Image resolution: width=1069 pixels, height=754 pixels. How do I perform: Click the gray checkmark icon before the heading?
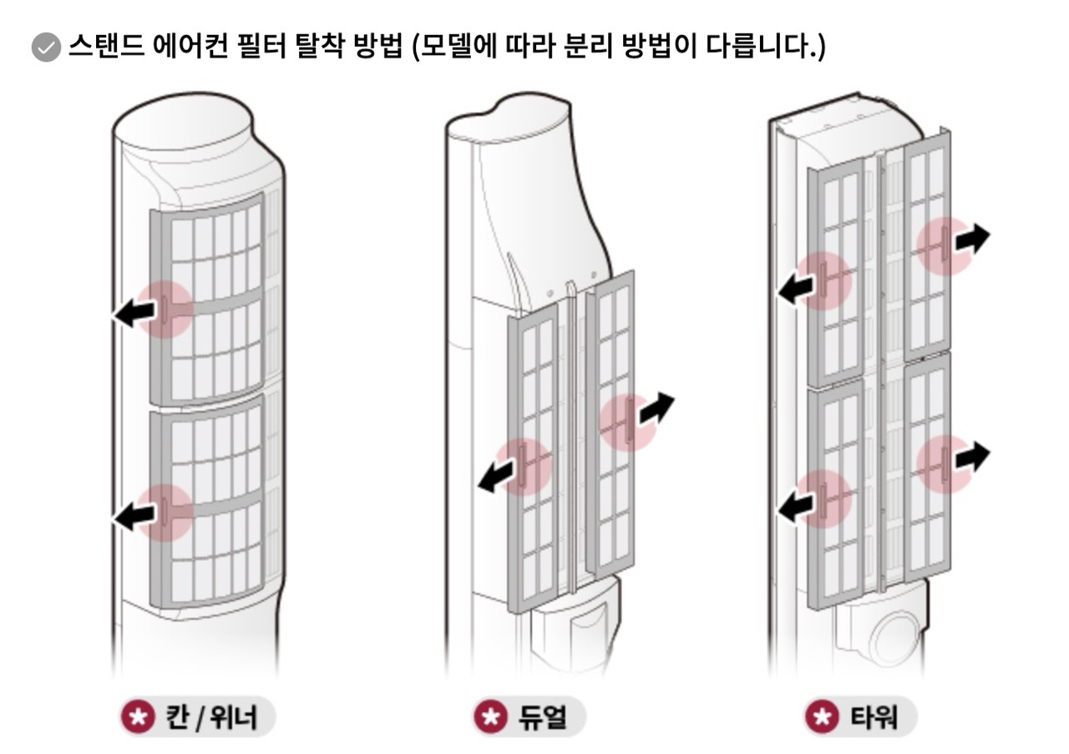(46, 48)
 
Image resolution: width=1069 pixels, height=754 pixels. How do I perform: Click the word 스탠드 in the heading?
(107, 46)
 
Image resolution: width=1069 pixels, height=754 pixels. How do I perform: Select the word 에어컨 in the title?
(191, 46)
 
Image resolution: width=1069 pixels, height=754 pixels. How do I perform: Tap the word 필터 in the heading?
(262, 46)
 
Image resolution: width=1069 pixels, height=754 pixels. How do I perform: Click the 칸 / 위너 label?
(210, 717)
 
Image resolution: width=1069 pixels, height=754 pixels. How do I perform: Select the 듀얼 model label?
(543, 717)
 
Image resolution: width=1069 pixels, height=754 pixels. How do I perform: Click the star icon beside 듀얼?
(490, 716)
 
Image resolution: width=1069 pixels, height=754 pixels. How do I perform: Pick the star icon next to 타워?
(823, 716)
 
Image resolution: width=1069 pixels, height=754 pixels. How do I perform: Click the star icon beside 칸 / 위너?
(138, 716)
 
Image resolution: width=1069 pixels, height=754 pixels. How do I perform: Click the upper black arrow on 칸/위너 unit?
(134, 313)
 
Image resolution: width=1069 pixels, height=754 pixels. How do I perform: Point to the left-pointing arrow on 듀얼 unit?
(496, 478)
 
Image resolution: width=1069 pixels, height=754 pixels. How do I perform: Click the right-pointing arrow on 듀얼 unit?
(656, 408)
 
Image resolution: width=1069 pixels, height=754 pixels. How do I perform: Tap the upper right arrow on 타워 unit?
(973, 239)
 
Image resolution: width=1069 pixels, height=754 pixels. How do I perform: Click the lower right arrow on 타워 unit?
(973, 457)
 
